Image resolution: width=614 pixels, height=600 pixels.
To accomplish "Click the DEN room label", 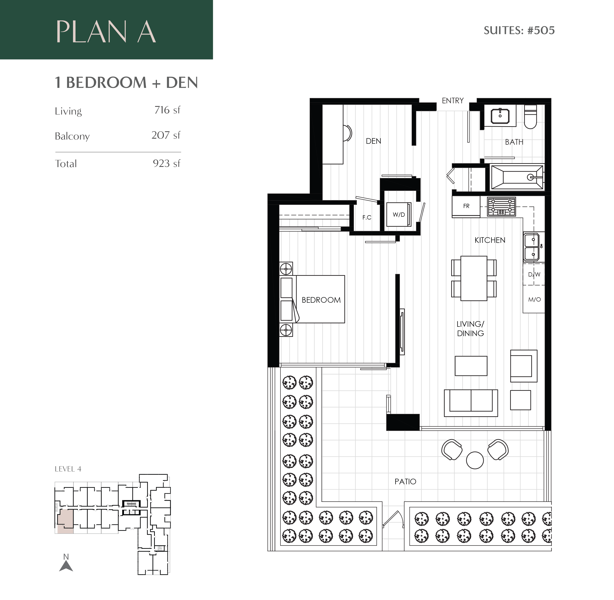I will point(373,141).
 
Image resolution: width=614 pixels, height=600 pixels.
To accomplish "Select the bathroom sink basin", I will point(500,116).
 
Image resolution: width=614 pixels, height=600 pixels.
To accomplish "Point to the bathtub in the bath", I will point(516,177).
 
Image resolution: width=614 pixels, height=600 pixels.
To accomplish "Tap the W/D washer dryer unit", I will point(399,215).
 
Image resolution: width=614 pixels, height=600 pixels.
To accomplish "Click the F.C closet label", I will point(367,217).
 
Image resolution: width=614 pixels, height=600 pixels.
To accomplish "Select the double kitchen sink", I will point(533,247).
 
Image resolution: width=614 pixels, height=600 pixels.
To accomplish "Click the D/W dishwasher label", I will point(534,274).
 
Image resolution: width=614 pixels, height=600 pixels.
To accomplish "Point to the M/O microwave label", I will point(534,299).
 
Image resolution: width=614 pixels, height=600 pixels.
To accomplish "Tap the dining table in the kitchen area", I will point(473,278).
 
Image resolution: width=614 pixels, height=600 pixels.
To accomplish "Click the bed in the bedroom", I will point(320,299).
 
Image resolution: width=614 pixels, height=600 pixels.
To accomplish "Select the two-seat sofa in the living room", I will point(471,403).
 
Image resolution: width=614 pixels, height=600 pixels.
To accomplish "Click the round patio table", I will point(475,460).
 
